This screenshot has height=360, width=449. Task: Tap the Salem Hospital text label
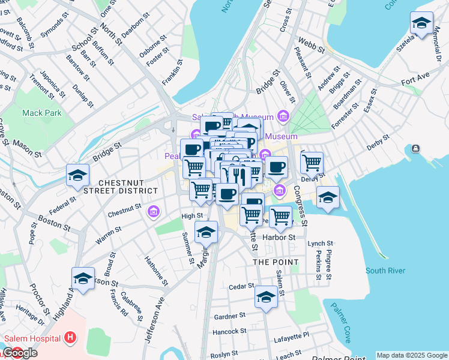[x=32, y=338]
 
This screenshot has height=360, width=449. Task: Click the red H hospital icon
[x=71, y=338]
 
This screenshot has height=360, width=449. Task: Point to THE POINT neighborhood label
[x=276, y=262]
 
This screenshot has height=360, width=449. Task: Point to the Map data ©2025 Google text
[x=412, y=355]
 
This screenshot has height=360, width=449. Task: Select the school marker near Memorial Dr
[x=421, y=23]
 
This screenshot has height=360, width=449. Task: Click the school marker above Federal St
[x=77, y=176]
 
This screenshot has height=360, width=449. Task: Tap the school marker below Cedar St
[x=266, y=297]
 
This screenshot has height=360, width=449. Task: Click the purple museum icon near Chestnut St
[x=154, y=210]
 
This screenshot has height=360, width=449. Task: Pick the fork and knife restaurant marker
[x=238, y=175]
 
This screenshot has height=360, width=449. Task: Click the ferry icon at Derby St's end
[x=415, y=149]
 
